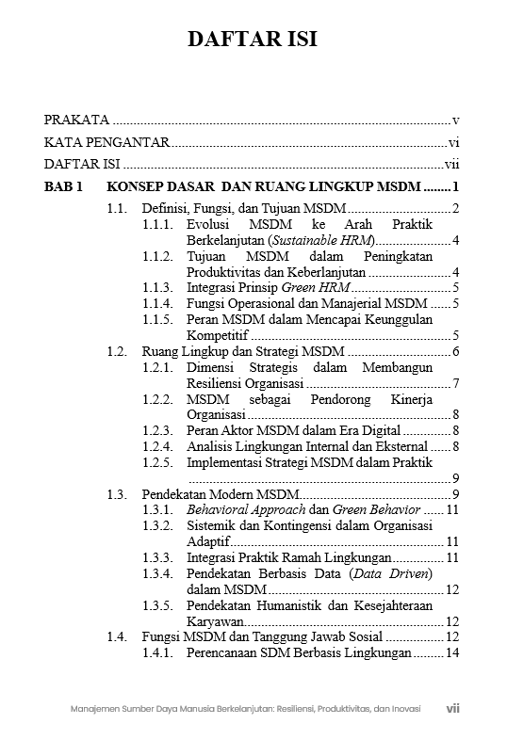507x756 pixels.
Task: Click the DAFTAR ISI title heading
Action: point(252,39)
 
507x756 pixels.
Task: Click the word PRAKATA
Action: point(76,121)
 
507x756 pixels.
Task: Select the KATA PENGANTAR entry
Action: point(106,143)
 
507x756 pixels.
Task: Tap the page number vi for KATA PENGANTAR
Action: point(453,143)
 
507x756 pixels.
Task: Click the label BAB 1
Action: point(64,185)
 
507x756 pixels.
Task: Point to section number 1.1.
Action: point(117,208)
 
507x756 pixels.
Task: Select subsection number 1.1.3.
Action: point(157,288)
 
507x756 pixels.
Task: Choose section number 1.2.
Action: point(117,351)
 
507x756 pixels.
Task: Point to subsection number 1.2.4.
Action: point(157,446)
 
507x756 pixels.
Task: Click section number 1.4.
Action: point(117,637)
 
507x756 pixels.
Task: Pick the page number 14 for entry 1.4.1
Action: point(451,653)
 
